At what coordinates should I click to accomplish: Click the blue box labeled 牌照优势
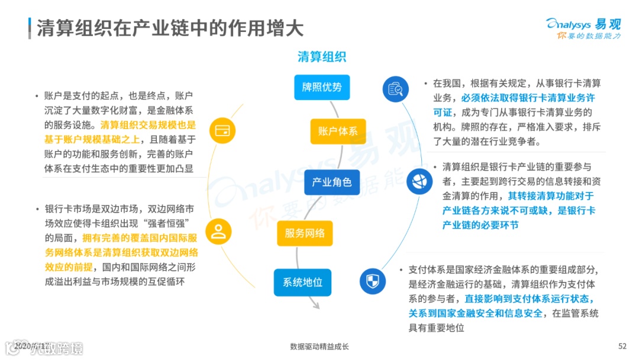tap(322, 87)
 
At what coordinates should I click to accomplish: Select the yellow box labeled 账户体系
tap(338, 131)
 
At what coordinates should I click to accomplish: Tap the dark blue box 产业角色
tap(331, 182)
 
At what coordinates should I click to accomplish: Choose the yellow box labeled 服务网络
tap(305, 233)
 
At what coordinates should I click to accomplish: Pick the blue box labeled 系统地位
tap(302, 282)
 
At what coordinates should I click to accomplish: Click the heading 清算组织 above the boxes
tap(321, 57)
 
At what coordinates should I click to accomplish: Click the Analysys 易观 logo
tap(583, 28)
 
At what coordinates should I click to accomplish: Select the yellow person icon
tap(218, 231)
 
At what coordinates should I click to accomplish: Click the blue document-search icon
tap(395, 89)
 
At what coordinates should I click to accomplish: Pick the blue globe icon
tap(419, 181)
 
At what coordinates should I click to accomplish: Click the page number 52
tap(622, 346)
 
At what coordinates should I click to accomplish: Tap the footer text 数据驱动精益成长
tap(319, 346)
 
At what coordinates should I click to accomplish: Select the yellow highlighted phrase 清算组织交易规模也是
tap(148, 125)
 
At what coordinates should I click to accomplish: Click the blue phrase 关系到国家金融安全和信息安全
tap(475, 313)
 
